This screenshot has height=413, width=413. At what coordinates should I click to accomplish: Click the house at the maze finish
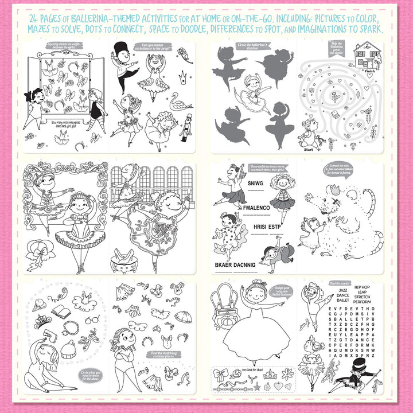(368, 56)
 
